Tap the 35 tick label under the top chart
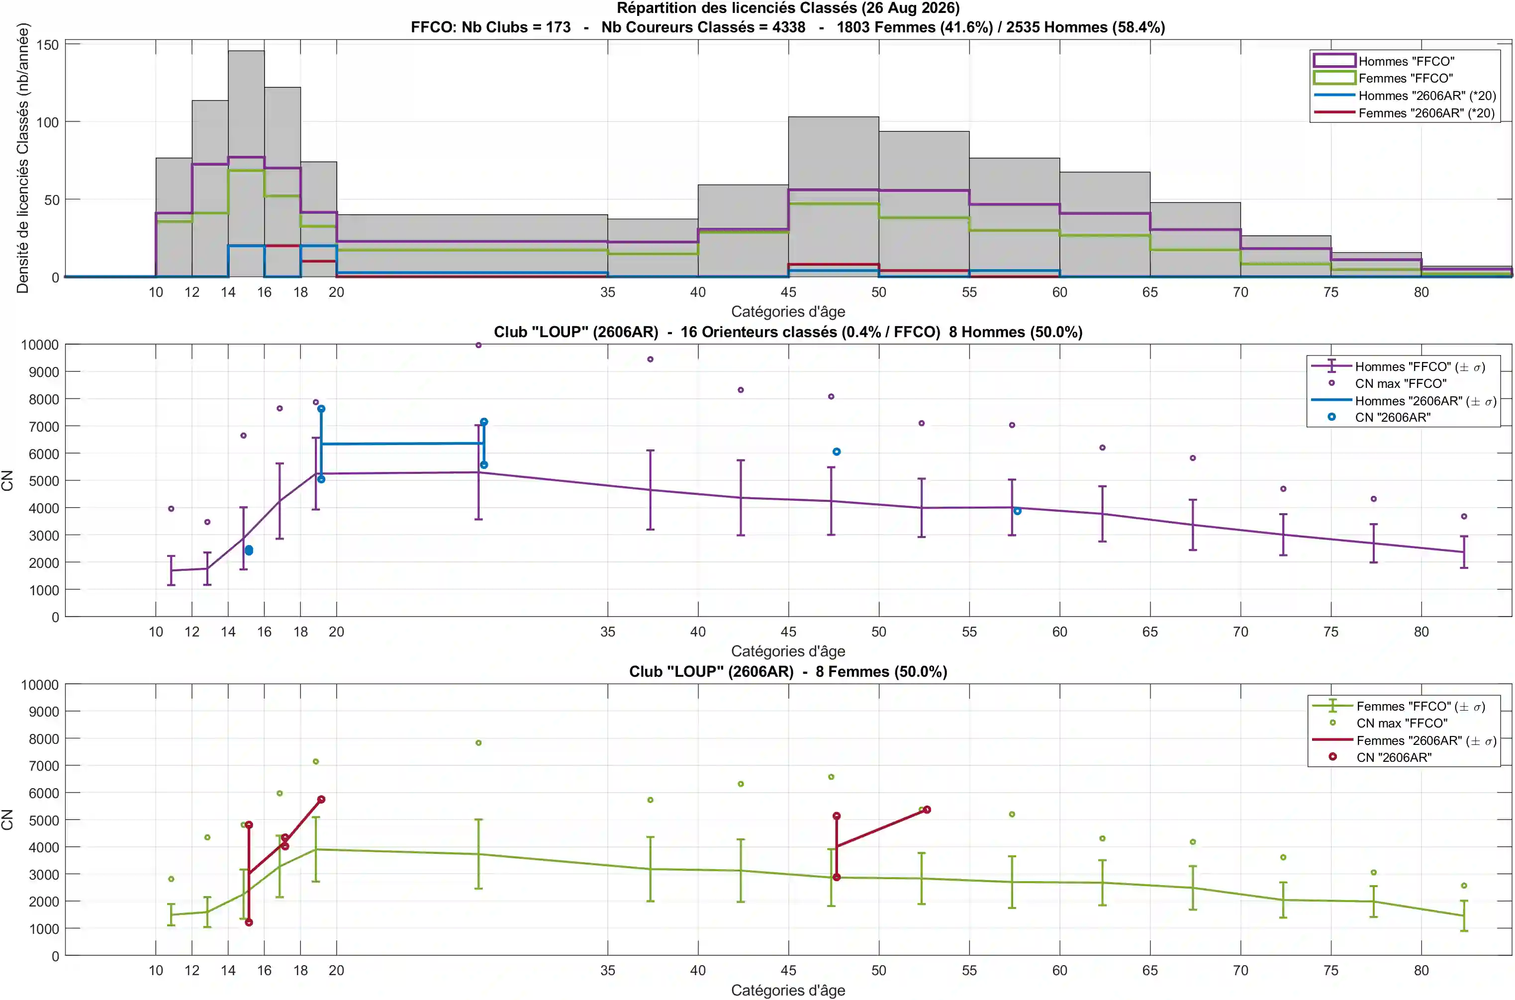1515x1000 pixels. coord(607,292)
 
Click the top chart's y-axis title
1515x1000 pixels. coord(23,158)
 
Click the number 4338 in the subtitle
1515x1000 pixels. coord(788,27)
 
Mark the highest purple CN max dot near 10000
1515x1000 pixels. coord(478,345)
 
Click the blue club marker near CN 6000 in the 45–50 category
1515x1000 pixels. coord(836,452)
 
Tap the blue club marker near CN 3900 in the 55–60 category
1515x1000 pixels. coord(1018,511)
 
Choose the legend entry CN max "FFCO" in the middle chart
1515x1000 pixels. coord(1401,383)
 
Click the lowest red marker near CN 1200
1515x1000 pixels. coord(249,922)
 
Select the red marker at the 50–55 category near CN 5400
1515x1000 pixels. coord(927,810)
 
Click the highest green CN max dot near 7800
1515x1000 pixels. coord(478,743)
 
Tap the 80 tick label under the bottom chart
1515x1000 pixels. coord(1421,970)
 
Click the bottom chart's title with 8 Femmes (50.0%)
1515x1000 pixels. coord(788,671)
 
